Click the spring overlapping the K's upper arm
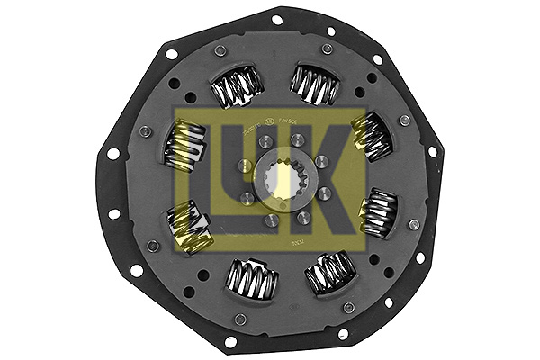(x=372, y=134)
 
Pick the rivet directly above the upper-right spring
(x=327, y=49)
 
